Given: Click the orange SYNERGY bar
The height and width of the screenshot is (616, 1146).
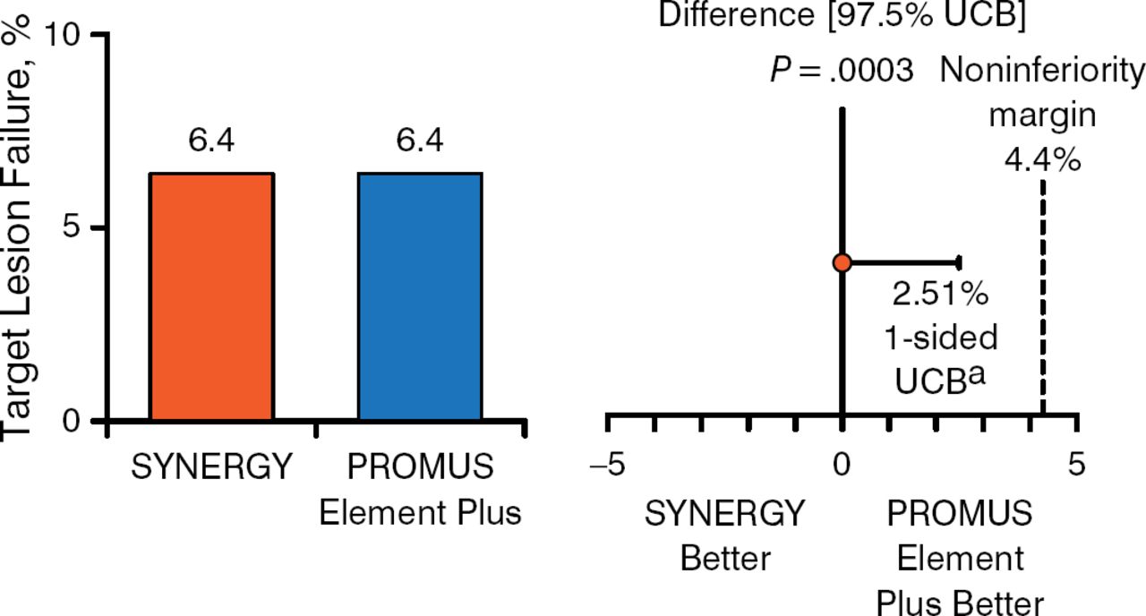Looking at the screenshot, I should point(211,296).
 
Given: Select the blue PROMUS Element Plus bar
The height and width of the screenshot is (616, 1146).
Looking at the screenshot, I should point(420,296).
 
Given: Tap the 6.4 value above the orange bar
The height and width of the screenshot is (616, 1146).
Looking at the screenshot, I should point(212,141).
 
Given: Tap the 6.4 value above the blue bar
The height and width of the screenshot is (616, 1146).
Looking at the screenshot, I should point(420,141).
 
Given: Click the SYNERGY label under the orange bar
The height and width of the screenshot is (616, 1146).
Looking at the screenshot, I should point(212,466).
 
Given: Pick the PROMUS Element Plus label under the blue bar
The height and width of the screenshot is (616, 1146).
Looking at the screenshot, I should point(420,490).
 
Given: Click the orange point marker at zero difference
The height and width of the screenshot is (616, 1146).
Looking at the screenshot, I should point(842,262).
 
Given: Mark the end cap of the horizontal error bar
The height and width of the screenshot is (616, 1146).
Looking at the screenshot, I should point(959,262).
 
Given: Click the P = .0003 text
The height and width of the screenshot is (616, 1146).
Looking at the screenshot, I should point(842,71).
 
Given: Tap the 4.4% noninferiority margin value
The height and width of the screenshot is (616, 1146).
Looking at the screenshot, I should point(1041,163).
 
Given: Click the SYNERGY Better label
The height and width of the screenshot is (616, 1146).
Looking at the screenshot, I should point(725,535).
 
